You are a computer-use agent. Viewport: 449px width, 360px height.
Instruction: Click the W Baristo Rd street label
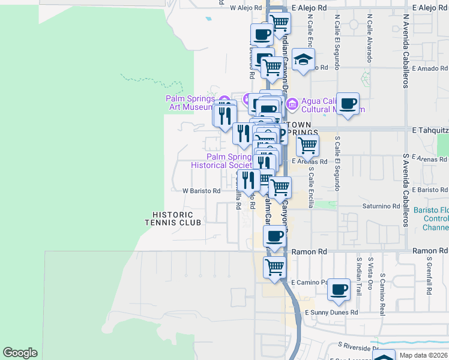click(x=201, y=191)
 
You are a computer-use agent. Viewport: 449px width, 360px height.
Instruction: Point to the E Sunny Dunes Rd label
click(x=331, y=313)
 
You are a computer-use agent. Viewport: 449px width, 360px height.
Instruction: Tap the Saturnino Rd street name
click(x=381, y=206)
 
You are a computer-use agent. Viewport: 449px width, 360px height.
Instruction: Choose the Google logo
click(x=20, y=353)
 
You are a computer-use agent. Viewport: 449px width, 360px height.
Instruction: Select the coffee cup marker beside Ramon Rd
click(x=275, y=236)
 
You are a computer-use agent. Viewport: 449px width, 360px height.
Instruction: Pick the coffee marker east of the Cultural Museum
click(x=348, y=104)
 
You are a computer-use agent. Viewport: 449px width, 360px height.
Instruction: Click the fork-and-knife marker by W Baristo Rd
click(x=249, y=180)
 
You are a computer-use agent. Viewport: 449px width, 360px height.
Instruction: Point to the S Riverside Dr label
click(x=358, y=346)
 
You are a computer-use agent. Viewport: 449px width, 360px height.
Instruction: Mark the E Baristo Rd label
click(x=430, y=190)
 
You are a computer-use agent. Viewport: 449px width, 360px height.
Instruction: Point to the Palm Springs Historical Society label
click(x=220, y=161)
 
